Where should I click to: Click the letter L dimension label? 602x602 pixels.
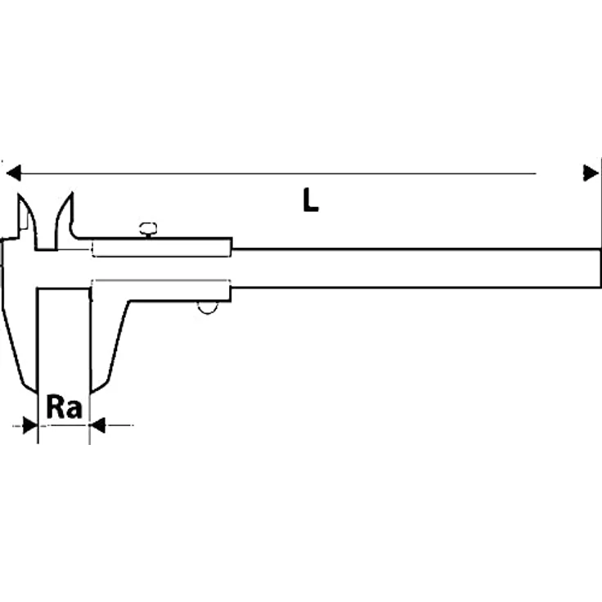[310, 200]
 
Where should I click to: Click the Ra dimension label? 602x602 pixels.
[64, 407]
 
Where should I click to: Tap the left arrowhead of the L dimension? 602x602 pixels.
[14, 173]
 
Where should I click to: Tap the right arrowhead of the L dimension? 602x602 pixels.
[591, 173]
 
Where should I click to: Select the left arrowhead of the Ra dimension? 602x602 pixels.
[30, 425]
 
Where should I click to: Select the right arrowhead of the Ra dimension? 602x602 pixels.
[97, 425]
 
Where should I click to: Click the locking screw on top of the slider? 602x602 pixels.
[148, 229]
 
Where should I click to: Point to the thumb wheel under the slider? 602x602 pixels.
[208, 308]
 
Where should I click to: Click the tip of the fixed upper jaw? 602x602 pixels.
[19, 195]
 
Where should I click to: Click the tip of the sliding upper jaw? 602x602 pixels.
[72, 194]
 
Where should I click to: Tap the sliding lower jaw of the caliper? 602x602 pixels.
[110, 338]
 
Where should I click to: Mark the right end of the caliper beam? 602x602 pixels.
[600, 268]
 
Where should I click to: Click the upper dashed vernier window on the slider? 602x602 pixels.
[161, 249]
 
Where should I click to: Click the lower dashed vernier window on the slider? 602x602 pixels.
[160, 290]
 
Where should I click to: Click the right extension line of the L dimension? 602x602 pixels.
[600, 204]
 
